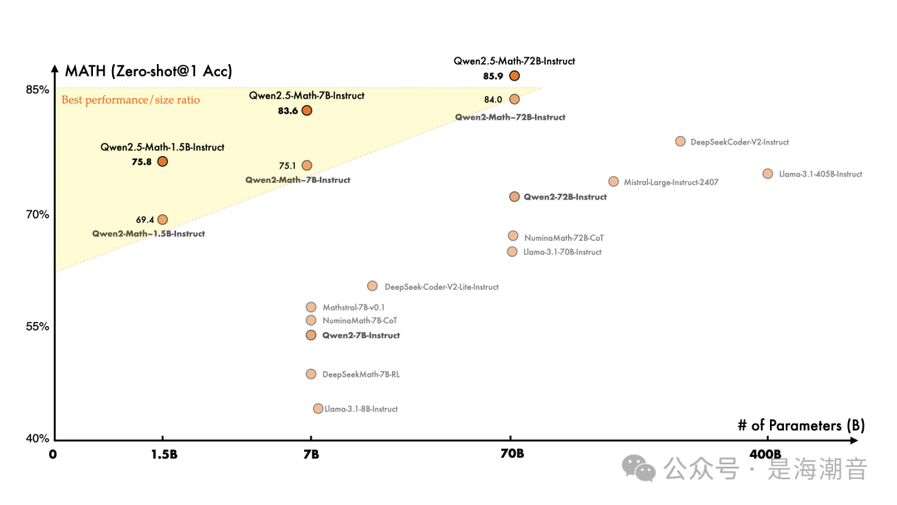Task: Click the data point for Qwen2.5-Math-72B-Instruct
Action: pyautogui.click(x=514, y=76)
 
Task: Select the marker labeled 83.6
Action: pyautogui.click(x=306, y=110)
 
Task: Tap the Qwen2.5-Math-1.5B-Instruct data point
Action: pyautogui.click(x=163, y=161)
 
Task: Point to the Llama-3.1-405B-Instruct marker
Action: pyautogui.click(x=767, y=174)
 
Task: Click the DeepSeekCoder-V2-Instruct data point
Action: pyautogui.click(x=680, y=141)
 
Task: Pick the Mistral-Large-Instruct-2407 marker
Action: pyautogui.click(x=613, y=181)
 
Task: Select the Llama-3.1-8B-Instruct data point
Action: pyautogui.click(x=318, y=409)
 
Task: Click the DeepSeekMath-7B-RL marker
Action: pyautogui.click(x=311, y=374)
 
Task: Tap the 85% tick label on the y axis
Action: pyautogui.click(x=38, y=90)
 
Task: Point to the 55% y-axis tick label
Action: pyautogui.click(x=38, y=327)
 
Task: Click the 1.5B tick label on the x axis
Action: pyautogui.click(x=164, y=454)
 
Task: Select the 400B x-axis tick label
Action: pyautogui.click(x=765, y=454)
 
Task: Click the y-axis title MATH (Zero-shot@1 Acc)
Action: pyautogui.click(x=149, y=71)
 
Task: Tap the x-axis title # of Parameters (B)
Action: pyautogui.click(x=801, y=425)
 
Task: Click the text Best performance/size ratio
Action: pyautogui.click(x=130, y=101)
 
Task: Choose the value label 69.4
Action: pyautogui.click(x=145, y=220)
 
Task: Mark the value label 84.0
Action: pyautogui.click(x=493, y=100)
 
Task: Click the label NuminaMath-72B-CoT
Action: pyautogui.click(x=563, y=238)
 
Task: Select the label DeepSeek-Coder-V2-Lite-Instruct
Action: pyautogui.click(x=441, y=287)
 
